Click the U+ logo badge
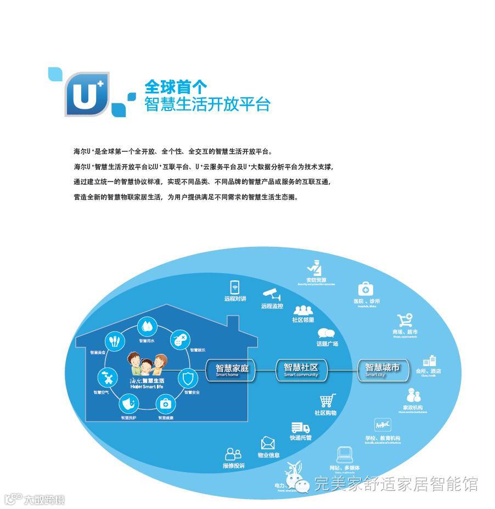(86, 94)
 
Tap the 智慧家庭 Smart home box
(232, 370)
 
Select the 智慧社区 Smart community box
(301, 369)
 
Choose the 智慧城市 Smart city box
(383, 369)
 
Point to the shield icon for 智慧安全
(188, 378)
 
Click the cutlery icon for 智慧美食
(114, 341)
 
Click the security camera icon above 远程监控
(271, 294)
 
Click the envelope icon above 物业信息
(268, 443)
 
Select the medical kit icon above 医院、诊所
(365, 289)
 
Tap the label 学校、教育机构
(383, 438)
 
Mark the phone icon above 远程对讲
(235, 287)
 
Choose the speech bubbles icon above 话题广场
(327, 333)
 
